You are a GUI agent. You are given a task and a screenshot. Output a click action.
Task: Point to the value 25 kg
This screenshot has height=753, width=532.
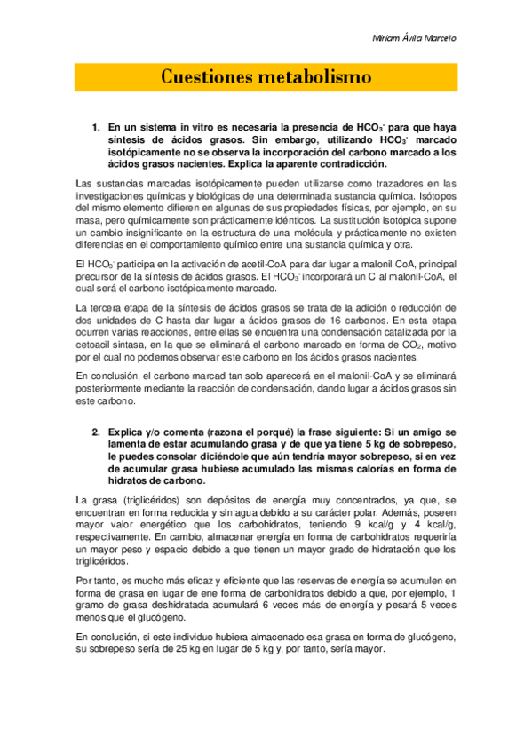(x=194, y=648)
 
